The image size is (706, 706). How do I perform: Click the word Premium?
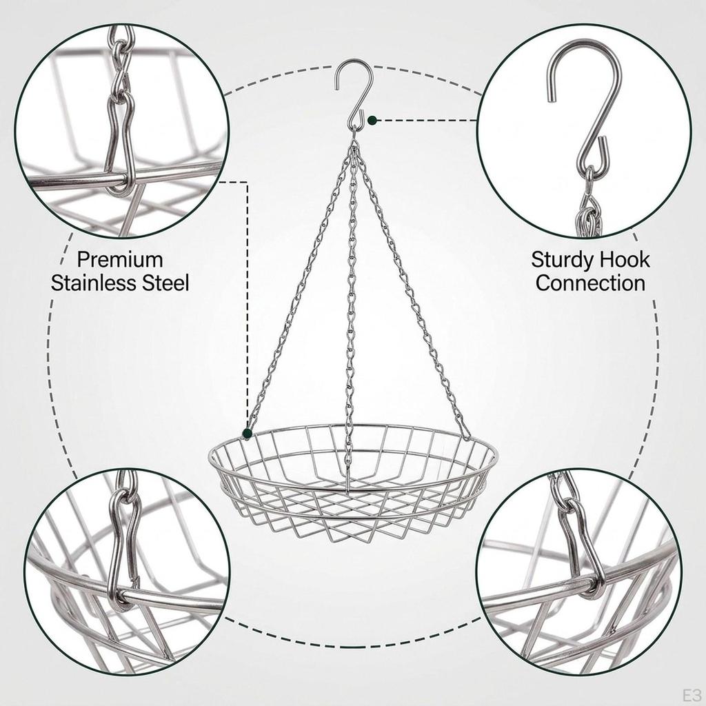pyautogui.click(x=120, y=260)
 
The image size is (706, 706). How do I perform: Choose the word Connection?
pyautogui.click(x=590, y=283)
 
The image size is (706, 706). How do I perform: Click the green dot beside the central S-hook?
pyautogui.click(x=372, y=120)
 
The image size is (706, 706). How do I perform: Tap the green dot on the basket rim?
pyautogui.click(x=246, y=434)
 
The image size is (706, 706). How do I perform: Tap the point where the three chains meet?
pyautogui.click(x=354, y=143)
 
